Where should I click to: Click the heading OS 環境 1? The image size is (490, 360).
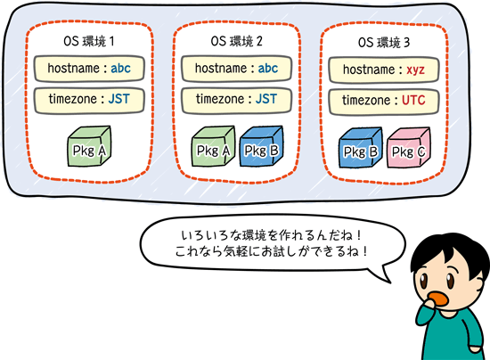click(x=89, y=41)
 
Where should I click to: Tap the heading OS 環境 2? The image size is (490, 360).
click(x=237, y=41)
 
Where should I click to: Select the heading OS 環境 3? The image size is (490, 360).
click(x=384, y=43)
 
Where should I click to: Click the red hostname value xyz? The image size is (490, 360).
click(x=415, y=70)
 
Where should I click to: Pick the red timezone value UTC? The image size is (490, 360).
click(x=413, y=101)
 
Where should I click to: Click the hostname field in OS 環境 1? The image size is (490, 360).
click(x=89, y=69)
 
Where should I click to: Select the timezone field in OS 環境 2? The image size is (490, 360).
click(x=237, y=100)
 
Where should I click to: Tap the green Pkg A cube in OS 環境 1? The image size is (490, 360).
click(x=89, y=146)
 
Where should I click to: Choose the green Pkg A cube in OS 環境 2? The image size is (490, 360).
click(x=213, y=146)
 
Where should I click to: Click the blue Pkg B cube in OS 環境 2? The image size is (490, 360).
click(x=261, y=146)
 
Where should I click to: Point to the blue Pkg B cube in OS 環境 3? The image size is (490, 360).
click(x=361, y=148)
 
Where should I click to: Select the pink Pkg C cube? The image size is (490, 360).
click(x=408, y=148)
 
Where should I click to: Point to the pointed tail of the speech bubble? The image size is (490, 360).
click(x=390, y=282)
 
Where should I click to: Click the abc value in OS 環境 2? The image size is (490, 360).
click(x=268, y=69)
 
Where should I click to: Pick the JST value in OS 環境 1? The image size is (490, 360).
click(x=118, y=99)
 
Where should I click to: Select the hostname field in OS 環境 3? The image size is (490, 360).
click(x=384, y=70)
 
